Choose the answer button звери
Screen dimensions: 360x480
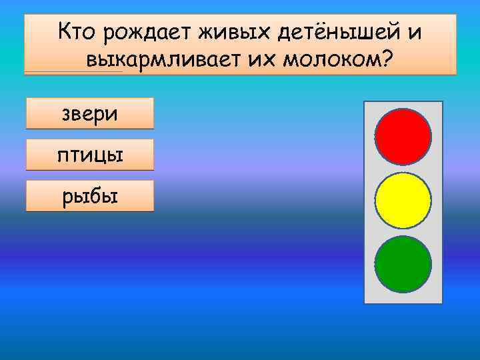[90, 113]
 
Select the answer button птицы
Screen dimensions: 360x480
[90, 155]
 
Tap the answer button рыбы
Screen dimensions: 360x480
[90, 196]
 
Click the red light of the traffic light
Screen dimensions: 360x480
[403, 137]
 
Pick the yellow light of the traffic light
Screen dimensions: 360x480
[403, 201]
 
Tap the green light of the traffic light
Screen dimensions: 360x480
[403, 264]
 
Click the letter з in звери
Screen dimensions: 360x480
[67, 114]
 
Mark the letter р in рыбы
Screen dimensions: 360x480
[67, 197]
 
